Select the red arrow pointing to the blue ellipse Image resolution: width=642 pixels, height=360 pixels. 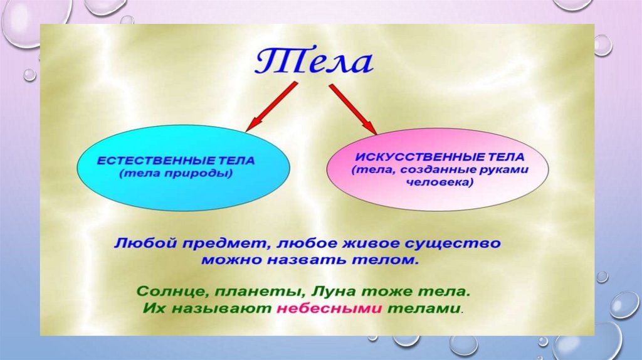(x=271, y=107)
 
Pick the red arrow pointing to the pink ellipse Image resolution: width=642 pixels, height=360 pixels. (x=352, y=109)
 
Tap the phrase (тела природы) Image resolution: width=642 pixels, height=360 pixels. (x=176, y=173)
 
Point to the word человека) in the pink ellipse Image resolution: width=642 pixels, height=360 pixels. (x=439, y=183)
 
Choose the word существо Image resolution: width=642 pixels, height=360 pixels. (x=453, y=244)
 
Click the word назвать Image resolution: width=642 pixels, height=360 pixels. (x=308, y=260)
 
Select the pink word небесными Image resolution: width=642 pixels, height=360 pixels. (x=330, y=309)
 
